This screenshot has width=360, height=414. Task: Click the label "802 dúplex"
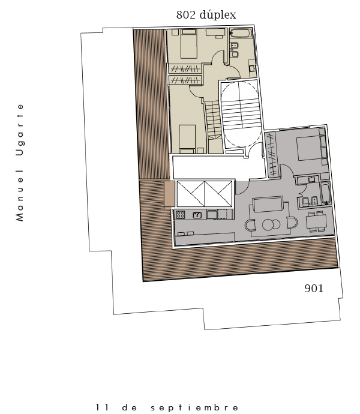click(x=206, y=15)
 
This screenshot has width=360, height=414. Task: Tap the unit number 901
click(x=314, y=289)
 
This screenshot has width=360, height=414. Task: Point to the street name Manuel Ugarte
click(x=20, y=163)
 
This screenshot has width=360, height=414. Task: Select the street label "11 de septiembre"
click(x=167, y=407)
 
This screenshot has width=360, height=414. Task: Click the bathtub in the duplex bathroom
click(x=241, y=34)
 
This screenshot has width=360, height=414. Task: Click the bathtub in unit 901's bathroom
click(x=325, y=193)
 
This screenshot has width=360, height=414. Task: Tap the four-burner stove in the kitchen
click(x=181, y=215)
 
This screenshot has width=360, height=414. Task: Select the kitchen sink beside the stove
click(x=197, y=215)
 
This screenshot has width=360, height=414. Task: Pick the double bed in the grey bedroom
click(x=308, y=148)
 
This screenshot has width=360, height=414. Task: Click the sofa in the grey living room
click(x=268, y=204)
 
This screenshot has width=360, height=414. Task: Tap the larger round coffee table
click(x=268, y=224)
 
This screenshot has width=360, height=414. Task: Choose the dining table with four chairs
click(x=316, y=222)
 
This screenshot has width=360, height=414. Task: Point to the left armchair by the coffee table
click(x=250, y=225)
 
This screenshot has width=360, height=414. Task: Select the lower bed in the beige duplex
click(x=187, y=139)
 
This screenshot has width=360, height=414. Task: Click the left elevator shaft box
click(x=191, y=194)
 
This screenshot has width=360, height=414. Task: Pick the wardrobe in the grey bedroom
click(x=272, y=154)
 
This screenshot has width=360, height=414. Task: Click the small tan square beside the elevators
click(x=169, y=194)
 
